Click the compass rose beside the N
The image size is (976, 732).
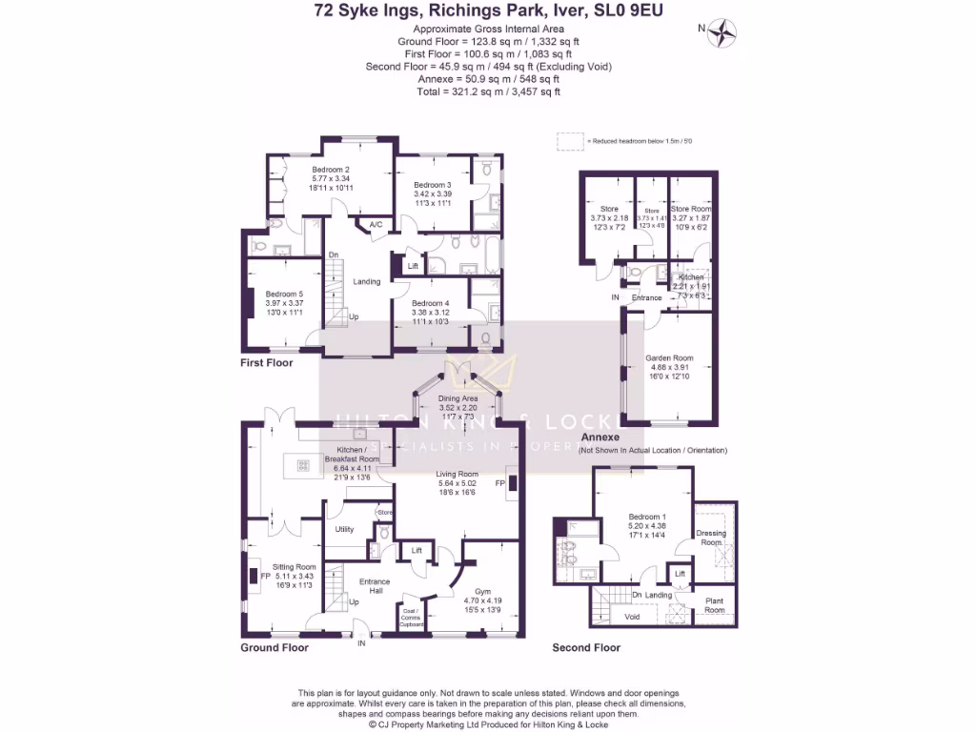(x=727, y=29)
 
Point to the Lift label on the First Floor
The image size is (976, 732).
(x=413, y=267)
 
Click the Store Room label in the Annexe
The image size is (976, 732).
(x=691, y=209)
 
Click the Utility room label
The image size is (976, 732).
(x=344, y=529)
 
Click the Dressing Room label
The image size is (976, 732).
(x=711, y=538)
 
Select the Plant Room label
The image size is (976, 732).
(x=714, y=605)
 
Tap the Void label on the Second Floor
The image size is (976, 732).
(x=632, y=617)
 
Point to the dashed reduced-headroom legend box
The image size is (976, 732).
(x=570, y=140)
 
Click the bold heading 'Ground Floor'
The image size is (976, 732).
(x=274, y=647)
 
